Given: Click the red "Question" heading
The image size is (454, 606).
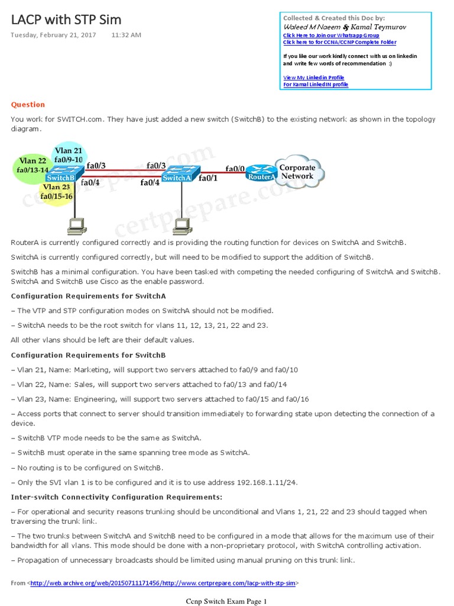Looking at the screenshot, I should [28, 105].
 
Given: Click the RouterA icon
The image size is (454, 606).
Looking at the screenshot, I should [261, 174].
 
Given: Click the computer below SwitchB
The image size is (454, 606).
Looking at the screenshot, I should [75, 224].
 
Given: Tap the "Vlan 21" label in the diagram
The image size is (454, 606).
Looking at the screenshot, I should [68, 150].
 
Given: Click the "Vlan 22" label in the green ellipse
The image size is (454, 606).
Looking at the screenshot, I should [33, 161].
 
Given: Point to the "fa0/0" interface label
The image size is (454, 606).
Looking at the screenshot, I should [235, 169].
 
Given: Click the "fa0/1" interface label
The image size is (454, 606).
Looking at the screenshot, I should [209, 178].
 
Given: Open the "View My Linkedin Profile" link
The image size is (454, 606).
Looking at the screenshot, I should [313, 78].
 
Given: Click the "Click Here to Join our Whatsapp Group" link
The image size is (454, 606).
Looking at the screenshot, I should [330, 36].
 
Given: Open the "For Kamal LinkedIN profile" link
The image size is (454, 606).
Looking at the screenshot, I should [316, 85].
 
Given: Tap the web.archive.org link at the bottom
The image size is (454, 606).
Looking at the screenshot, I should [163, 583].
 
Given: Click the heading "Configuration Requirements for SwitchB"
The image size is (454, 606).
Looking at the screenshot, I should [89, 355].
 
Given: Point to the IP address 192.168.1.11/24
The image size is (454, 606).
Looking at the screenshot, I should [267, 482].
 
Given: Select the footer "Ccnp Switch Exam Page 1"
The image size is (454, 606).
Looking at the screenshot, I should [226, 602].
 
